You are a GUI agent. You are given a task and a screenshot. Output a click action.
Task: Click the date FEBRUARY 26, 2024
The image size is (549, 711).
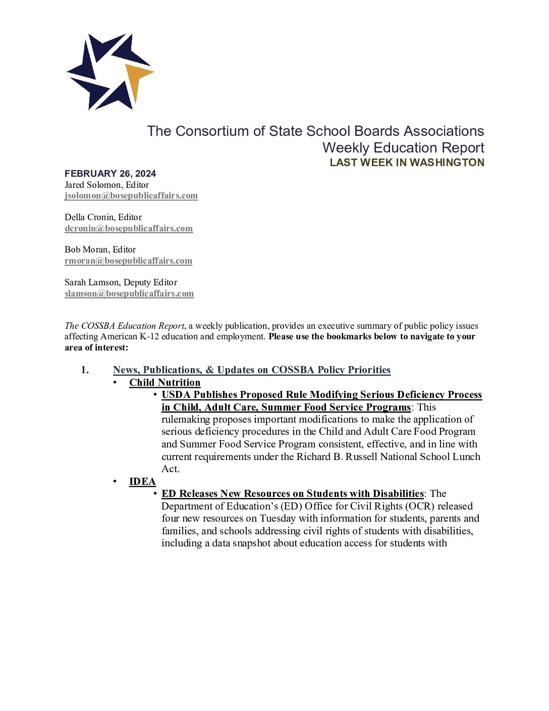pos(110,174)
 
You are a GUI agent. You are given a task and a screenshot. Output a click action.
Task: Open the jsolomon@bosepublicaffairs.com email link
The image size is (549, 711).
pos(131,196)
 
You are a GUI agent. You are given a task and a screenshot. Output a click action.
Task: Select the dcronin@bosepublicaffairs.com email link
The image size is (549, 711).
pos(129,228)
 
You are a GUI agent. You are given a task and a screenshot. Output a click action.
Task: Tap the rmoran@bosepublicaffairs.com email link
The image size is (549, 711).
pos(128,261)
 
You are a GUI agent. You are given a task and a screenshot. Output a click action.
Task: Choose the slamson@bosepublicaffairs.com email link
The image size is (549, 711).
pos(129,294)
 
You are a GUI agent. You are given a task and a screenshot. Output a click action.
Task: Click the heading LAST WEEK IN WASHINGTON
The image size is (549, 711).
pos(407,163)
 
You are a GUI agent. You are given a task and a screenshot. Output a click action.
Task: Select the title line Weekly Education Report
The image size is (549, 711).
pos(403,148)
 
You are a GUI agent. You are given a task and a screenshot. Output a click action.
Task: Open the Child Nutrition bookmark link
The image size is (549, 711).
pos(164,383)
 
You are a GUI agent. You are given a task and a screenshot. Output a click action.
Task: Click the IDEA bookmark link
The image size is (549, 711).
pos(142,482)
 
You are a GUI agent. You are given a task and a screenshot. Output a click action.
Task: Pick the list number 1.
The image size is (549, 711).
pos(85,370)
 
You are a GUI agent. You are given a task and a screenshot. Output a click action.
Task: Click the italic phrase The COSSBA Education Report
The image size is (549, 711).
pos(125,326)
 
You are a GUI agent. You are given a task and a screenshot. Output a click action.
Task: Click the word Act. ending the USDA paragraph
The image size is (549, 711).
pos(171,469)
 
